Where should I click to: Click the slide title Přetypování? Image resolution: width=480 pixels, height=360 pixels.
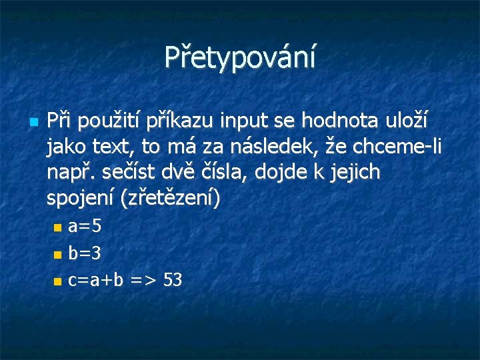pyautogui.click(x=240, y=57)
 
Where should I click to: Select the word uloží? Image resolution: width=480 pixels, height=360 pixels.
pyautogui.click(x=408, y=121)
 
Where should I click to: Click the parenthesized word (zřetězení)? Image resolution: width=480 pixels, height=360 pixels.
pyautogui.click(x=169, y=199)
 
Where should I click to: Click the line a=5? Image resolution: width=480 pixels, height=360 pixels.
pyautogui.click(x=85, y=227)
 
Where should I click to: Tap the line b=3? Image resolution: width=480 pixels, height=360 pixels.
pyautogui.click(x=85, y=253)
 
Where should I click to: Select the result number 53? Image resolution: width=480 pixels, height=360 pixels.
pyautogui.click(x=172, y=280)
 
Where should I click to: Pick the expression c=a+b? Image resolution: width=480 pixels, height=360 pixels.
pyautogui.click(x=96, y=280)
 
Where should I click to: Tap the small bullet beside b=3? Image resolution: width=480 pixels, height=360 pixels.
pyautogui.click(x=57, y=255)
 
